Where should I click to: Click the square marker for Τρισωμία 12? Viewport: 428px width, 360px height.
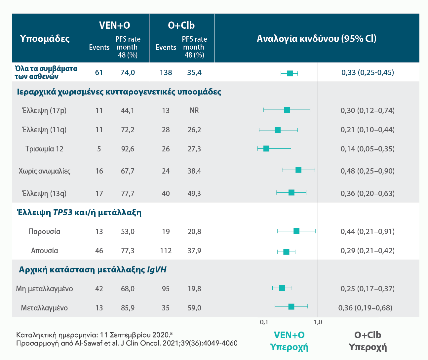tap(266, 149)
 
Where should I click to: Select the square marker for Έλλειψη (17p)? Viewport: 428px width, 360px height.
tap(287, 110)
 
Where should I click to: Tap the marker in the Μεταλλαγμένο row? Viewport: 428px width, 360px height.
tap(291, 307)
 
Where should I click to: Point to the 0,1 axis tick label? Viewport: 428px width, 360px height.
tap(264, 322)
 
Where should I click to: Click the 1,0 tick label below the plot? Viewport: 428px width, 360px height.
tap(318, 322)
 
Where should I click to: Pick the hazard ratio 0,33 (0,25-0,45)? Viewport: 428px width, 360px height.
tap(368, 72)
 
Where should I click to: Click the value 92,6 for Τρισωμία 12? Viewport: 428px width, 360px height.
tap(128, 149)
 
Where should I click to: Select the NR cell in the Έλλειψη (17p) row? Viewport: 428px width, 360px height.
tap(194, 110)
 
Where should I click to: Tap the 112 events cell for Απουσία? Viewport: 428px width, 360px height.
tap(166, 251)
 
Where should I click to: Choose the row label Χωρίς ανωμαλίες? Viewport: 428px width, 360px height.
tap(45, 171)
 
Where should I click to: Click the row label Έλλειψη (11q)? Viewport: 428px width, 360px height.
tap(44, 130)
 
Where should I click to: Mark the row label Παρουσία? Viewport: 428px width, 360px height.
tap(45, 231)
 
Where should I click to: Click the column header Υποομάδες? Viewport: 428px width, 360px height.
tap(45, 39)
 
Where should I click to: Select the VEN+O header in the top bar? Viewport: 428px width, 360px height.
tap(115, 25)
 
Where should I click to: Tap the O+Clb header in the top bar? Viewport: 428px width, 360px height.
tap(181, 25)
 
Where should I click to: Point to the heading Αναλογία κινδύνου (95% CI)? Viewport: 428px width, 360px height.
tap(316, 39)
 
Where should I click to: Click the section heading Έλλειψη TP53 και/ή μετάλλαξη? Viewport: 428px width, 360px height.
tap(79, 212)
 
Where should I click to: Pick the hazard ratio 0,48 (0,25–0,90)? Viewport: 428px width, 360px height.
tap(368, 171)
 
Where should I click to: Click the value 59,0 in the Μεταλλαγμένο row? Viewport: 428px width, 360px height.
tap(194, 308)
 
